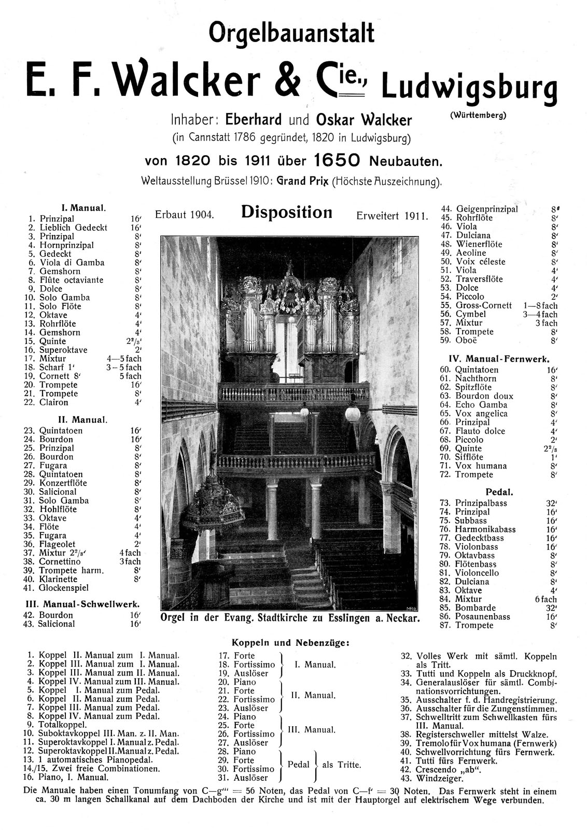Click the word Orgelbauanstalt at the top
tap(291, 34)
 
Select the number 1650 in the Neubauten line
tap(337, 161)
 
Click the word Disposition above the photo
tap(286, 212)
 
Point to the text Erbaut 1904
tap(184, 215)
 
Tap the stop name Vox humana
tap(481, 466)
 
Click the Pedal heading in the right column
tap(499, 491)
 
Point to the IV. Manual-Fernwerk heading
tap(498, 358)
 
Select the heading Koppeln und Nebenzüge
tap(290, 643)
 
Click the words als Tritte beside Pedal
tap(341, 765)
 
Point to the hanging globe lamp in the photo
tap(353, 413)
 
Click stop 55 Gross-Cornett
tap(483, 306)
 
